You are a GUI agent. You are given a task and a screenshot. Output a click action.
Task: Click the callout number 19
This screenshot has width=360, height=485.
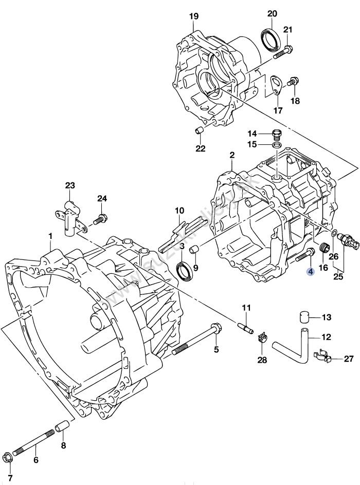pos(193,16)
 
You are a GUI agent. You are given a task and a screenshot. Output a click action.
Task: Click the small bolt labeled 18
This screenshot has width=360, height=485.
pos(293,81)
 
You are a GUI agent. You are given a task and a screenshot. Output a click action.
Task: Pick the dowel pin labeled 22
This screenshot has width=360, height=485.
pos(200,130)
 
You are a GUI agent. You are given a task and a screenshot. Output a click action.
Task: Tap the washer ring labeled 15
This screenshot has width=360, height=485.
pos(276,145)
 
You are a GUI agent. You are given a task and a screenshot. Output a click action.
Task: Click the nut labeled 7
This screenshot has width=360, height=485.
pos(7,456)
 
